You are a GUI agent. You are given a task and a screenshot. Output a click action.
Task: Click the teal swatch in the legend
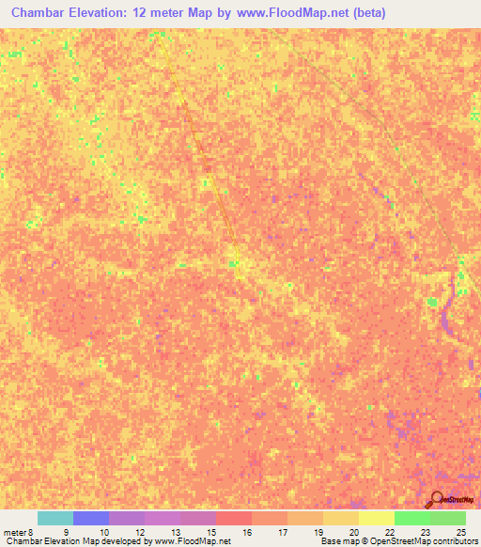55,518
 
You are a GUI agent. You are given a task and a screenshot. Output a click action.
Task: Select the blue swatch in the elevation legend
91,518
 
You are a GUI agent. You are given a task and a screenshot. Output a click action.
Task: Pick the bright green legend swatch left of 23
411,518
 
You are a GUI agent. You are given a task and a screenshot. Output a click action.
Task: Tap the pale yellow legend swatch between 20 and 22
376,518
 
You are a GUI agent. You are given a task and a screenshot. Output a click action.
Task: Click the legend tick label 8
31,532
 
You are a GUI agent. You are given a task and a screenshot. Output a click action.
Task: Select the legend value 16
245,532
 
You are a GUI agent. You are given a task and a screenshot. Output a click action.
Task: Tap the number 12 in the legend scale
138,532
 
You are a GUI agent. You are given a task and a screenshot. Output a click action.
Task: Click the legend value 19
317,532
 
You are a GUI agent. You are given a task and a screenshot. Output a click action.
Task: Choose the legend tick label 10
102,532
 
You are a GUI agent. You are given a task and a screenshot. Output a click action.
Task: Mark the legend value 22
388,532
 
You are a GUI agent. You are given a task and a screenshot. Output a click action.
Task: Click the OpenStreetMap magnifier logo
437,500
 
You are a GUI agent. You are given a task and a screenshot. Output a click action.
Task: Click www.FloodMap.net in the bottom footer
194,541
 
